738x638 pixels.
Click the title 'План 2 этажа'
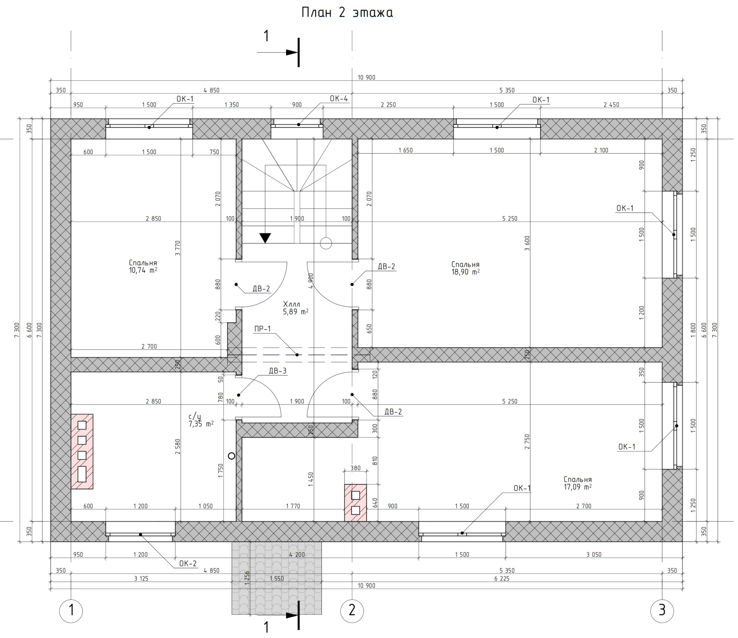pos(347,13)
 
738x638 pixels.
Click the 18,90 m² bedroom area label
pos(466,268)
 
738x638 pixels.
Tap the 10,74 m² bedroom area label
pos(143,266)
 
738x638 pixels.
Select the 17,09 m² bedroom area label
pos(578,483)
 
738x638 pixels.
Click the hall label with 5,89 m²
pos(296,308)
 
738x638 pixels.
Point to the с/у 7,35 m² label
pos(201,420)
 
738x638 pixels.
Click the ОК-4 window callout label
pos(339,99)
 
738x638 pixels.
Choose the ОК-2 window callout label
pos(188,563)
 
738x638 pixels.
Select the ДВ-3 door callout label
pos(277,371)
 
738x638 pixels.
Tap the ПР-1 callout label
pos(262,329)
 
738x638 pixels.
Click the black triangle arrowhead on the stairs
pos(265,238)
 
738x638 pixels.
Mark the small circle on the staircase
pos(326,243)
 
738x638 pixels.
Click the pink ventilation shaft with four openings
pos(82,451)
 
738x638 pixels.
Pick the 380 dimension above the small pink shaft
pos(355,468)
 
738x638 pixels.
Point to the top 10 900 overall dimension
pos(366,77)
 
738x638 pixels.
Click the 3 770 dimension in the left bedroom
pos(178,248)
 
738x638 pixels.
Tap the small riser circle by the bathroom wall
pos(231,456)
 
